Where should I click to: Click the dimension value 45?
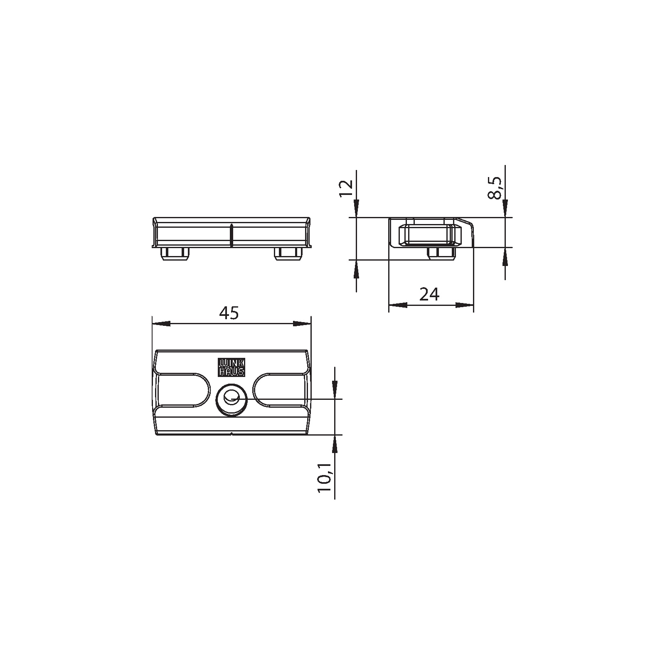tap(229, 313)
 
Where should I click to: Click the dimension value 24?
tap(429, 294)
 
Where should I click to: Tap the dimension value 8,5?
tap(495, 188)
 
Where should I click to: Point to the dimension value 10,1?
tap(325, 478)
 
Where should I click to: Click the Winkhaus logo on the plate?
tap(232, 367)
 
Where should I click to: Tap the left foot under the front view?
tap(174, 254)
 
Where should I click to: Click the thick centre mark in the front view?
tap(232, 235)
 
